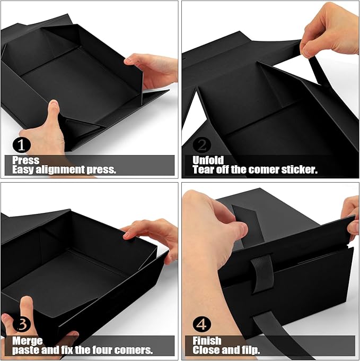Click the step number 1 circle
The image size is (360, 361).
tap(21, 144)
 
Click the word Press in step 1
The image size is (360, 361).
tap(25, 160)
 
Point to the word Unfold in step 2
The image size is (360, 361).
tap(208, 160)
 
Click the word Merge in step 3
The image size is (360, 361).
tap(27, 340)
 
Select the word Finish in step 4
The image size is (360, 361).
tap(206, 340)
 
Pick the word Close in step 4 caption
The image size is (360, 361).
tap(206, 350)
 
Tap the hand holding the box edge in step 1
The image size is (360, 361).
tap(154, 69)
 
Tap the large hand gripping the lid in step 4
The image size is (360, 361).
tap(212, 228)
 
